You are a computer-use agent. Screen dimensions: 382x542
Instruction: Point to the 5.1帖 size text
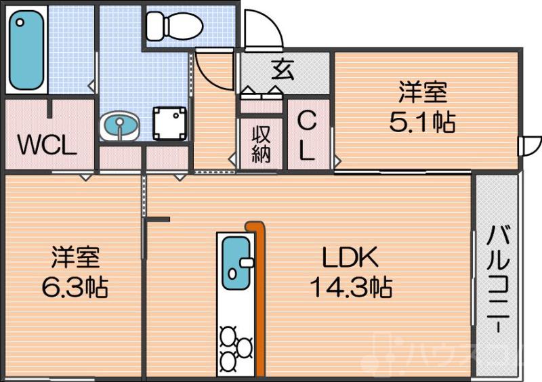click(421, 122)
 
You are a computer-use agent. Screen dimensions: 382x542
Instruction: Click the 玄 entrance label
click(283, 70)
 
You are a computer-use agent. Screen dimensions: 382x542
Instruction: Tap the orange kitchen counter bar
click(258, 298)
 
